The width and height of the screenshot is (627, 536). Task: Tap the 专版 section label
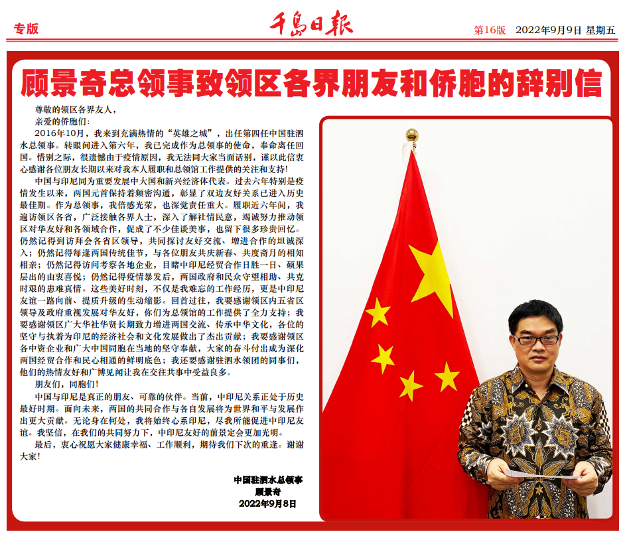click(x=26, y=29)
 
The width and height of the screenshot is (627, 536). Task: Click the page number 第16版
click(x=490, y=30)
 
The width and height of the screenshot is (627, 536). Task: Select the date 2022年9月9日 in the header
click(x=548, y=30)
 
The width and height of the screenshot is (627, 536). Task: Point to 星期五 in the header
click(x=600, y=30)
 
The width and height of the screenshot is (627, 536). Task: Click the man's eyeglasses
click(x=537, y=339)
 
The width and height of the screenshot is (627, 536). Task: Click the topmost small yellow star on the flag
click(x=378, y=312)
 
